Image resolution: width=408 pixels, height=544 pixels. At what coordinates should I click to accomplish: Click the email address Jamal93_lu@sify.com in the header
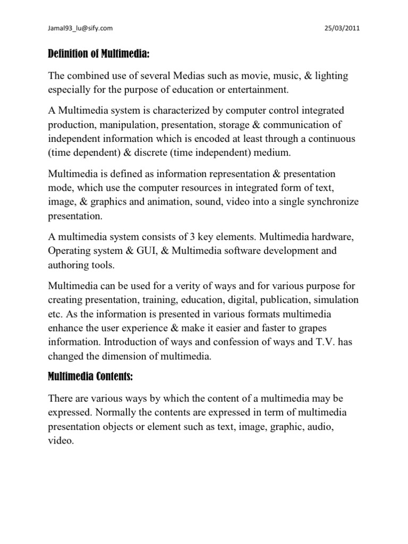click(x=79, y=28)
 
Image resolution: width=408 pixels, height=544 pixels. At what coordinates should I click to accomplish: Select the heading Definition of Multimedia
click(x=101, y=55)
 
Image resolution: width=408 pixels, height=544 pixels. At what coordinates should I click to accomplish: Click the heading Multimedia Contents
click(x=90, y=377)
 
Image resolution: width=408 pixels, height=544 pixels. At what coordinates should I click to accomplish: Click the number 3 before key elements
click(x=197, y=235)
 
